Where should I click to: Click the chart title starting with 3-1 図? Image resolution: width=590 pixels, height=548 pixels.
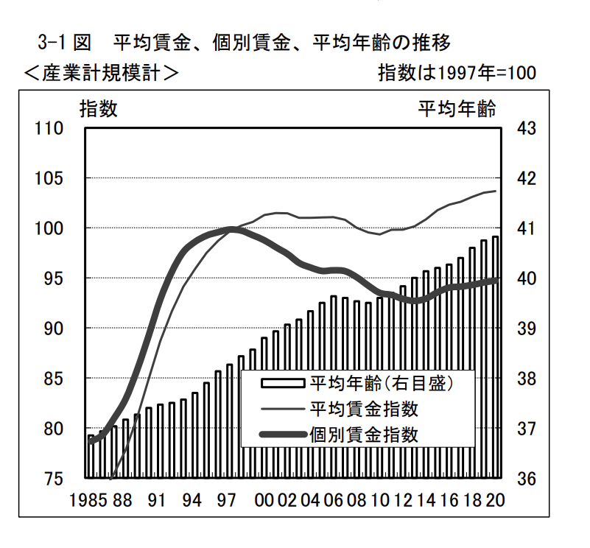tap(243, 40)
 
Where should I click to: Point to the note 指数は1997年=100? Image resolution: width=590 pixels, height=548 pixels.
tap(456, 73)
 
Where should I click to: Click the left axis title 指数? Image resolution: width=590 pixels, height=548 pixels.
tap(99, 110)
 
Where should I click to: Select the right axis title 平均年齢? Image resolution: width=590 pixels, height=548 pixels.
tap(457, 110)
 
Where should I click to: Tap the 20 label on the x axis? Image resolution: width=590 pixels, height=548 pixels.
tap(495, 500)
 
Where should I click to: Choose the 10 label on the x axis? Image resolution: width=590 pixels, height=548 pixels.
tap(380, 500)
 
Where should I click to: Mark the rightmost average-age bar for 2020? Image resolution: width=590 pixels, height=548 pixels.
tap(496, 357)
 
